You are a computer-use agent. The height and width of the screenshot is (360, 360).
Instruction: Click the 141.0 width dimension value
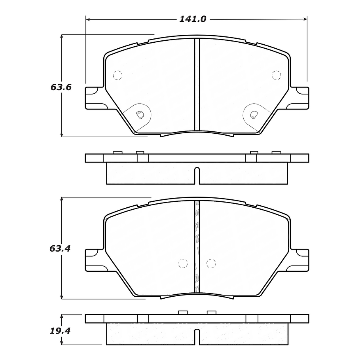pos(193,19)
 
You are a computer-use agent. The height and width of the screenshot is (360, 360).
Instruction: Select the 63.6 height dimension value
pos(61,87)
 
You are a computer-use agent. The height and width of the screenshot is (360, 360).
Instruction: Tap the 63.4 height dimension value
pos(60,249)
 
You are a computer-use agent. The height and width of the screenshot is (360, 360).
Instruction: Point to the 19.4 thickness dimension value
pos(60,331)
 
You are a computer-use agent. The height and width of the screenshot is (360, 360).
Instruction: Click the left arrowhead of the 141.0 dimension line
pos(88,19)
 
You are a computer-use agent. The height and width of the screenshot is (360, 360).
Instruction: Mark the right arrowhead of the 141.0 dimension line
pos(305,19)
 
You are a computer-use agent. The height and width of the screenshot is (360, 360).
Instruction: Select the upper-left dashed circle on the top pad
pos(117,74)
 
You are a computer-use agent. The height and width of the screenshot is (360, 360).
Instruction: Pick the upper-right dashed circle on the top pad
pos(276,74)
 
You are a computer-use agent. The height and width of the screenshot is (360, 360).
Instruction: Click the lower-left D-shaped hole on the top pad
pos(139,115)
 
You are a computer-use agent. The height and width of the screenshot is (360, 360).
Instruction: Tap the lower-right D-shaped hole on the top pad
pos(254,114)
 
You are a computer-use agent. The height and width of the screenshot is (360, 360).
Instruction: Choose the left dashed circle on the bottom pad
pos(182,263)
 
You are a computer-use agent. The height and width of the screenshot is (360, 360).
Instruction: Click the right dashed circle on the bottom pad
pos(211,263)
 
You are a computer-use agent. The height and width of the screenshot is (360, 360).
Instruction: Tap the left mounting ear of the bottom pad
pos(94,260)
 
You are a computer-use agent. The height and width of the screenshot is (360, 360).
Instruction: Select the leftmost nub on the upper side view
pos(117,153)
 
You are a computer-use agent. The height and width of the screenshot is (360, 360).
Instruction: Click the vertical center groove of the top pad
pos(197,85)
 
